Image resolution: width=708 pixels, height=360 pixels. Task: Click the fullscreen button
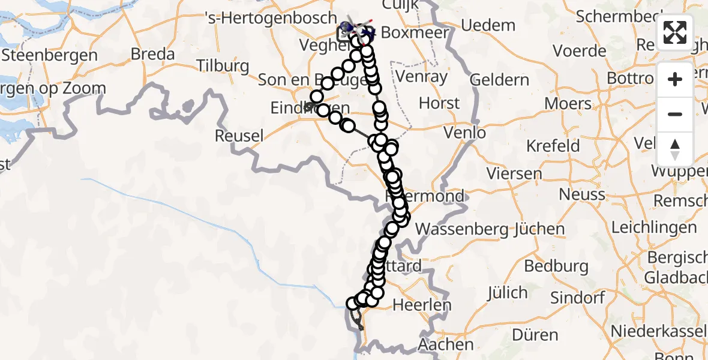[x=675, y=32]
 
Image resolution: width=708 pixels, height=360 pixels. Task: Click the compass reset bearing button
[x=675, y=149]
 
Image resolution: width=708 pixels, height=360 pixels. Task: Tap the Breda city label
[x=153, y=54]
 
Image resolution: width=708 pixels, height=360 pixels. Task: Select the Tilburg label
[x=223, y=65]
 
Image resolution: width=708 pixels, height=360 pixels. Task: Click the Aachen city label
[x=446, y=345]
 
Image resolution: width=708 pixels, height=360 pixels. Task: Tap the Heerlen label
[x=421, y=305]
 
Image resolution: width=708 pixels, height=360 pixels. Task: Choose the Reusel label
[x=239, y=136]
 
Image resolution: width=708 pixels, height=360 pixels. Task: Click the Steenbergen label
[x=49, y=55]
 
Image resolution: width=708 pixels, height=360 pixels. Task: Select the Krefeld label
[x=553, y=146]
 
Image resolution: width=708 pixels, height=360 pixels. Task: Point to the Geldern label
[x=499, y=79]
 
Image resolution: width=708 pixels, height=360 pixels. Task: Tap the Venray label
[x=426, y=77]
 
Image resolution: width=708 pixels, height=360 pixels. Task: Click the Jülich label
[x=507, y=293]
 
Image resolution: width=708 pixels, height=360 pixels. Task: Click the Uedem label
[x=489, y=26]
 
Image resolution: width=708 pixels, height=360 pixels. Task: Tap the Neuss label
[x=581, y=194]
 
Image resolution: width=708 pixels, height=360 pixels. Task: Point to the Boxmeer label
[x=415, y=32]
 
